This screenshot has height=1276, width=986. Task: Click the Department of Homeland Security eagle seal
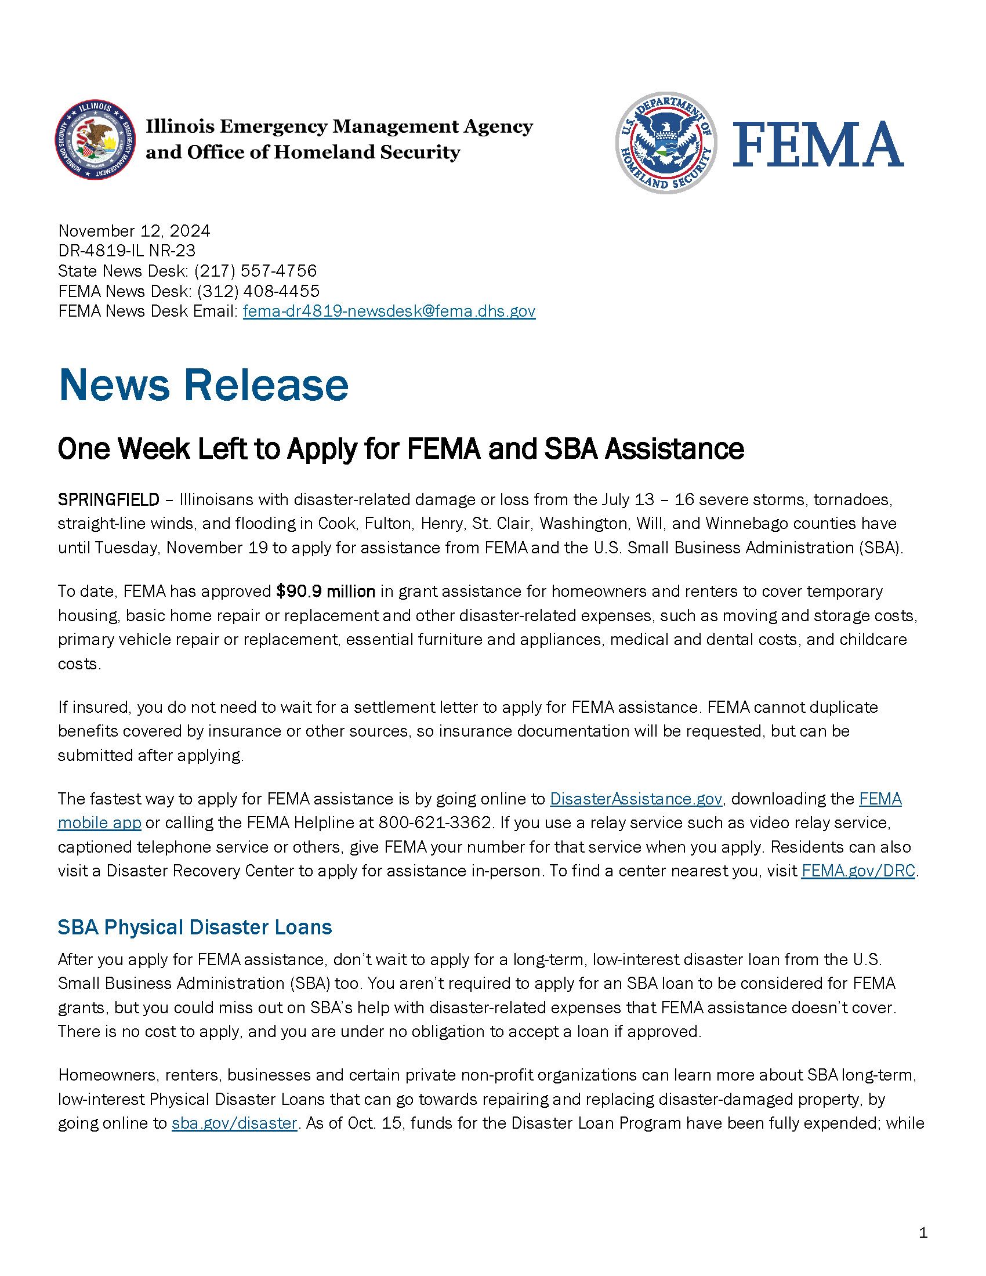tap(666, 143)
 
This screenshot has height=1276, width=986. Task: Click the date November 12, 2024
tap(134, 231)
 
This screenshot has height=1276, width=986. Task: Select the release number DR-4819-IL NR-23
tap(127, 251)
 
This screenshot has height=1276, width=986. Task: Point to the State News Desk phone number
tap(255, 271)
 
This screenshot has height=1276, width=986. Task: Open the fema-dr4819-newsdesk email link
tap(389, 311)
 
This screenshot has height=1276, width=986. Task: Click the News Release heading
tap(203, 386)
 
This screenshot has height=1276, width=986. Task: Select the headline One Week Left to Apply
tap(401, 449)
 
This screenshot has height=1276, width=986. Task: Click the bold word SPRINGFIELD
tap(108, 499)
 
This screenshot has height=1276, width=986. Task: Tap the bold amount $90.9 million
tap(325, 591)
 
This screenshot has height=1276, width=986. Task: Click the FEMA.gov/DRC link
tap(857, 871)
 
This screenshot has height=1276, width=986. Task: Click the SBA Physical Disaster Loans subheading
tap(194, 927)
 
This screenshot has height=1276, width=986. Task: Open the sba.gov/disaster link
tap(234, 1123)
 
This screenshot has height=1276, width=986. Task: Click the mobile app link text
tap(99, 822)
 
